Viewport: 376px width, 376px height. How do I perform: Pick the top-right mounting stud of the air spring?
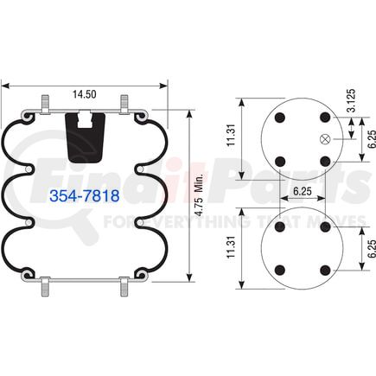[124, 102]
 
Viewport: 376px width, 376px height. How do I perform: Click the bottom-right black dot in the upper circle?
[324, 161]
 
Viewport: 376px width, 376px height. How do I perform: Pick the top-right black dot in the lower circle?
[324, 226]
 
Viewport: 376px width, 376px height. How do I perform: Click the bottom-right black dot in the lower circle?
[324, 271]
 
